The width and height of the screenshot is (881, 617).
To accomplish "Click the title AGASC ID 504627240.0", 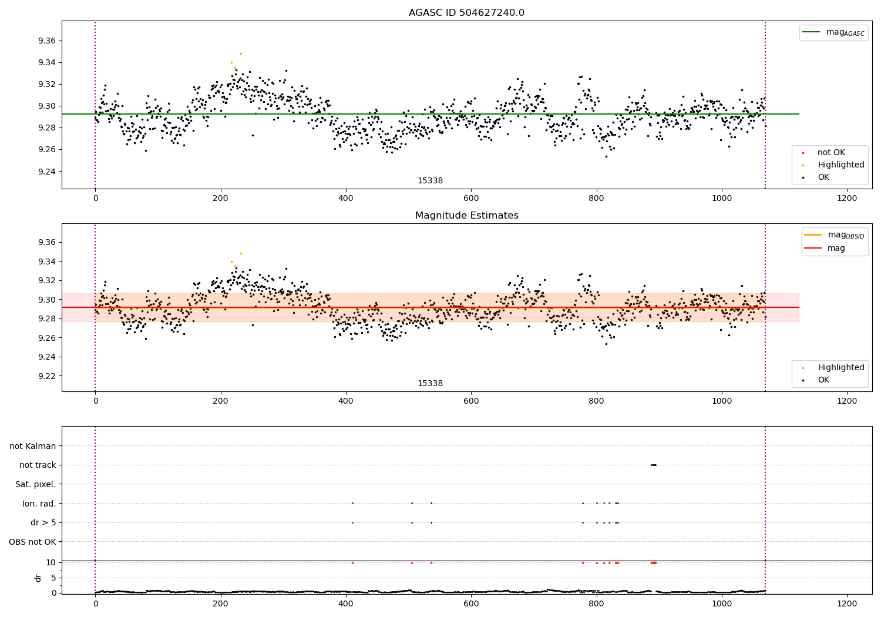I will tap(466, 13).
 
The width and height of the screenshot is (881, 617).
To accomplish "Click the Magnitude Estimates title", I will tap(466, 216).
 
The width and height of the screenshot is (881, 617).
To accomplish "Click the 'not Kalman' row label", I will tap(33, 446).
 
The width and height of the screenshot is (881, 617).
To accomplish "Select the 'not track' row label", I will tap(38, 465).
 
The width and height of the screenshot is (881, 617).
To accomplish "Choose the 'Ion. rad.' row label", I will tap(39, 504).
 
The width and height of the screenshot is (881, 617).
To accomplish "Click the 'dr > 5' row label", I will tap(43, 522).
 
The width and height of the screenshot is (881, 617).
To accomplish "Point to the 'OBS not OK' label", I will tap(32, 542).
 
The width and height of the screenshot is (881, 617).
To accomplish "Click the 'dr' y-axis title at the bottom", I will tap(38, 578).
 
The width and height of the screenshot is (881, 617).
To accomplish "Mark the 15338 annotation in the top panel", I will tap(430, 181).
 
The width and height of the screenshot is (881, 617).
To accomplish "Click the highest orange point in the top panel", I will tap(241, 53).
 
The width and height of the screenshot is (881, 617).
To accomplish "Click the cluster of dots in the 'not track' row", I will tap(654, 465).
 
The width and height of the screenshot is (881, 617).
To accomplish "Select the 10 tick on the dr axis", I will tap(51, 562).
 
